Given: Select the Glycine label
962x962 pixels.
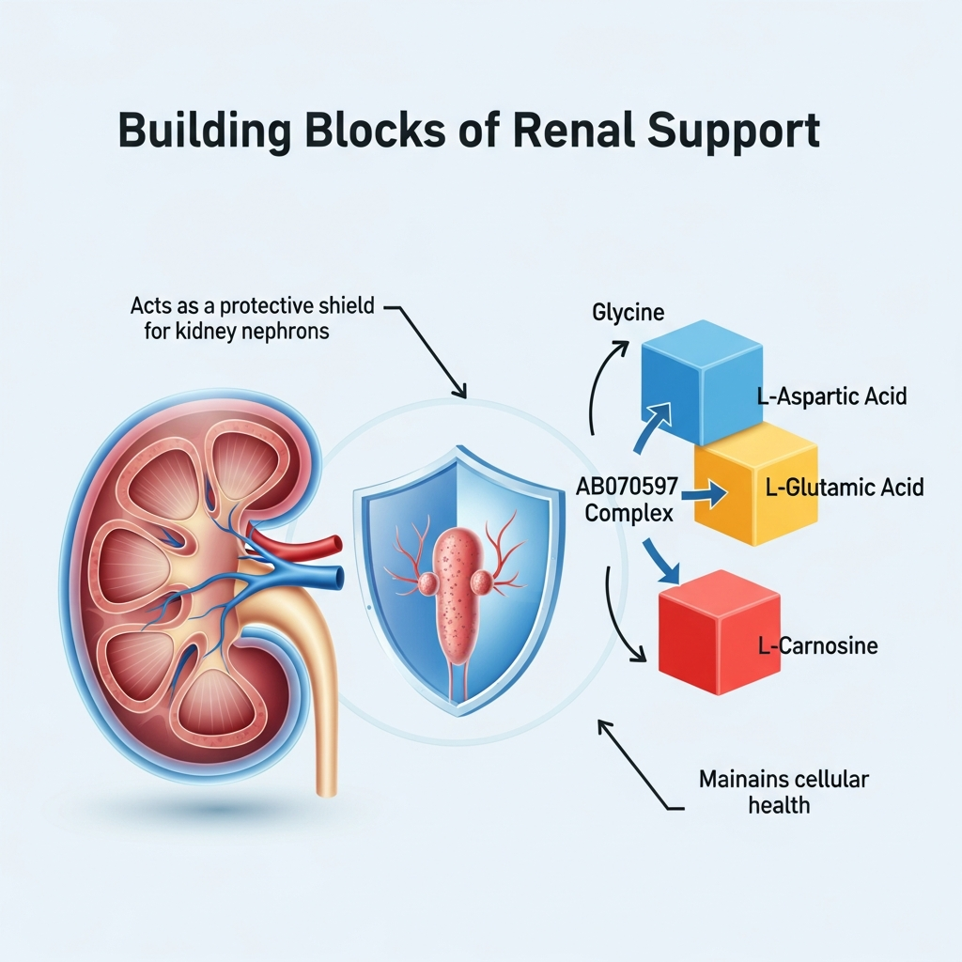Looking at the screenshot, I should pos(628,312).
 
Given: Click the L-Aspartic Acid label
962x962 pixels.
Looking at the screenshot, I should pos(831,396).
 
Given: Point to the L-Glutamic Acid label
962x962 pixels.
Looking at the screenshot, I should pos(843,487).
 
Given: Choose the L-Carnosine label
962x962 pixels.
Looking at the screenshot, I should pos(817,646).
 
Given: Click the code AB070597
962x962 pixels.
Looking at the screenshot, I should pos(628,487).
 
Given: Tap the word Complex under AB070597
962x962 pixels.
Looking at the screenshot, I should pos(628,514).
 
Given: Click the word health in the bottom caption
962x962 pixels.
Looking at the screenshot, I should pos(779,805).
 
